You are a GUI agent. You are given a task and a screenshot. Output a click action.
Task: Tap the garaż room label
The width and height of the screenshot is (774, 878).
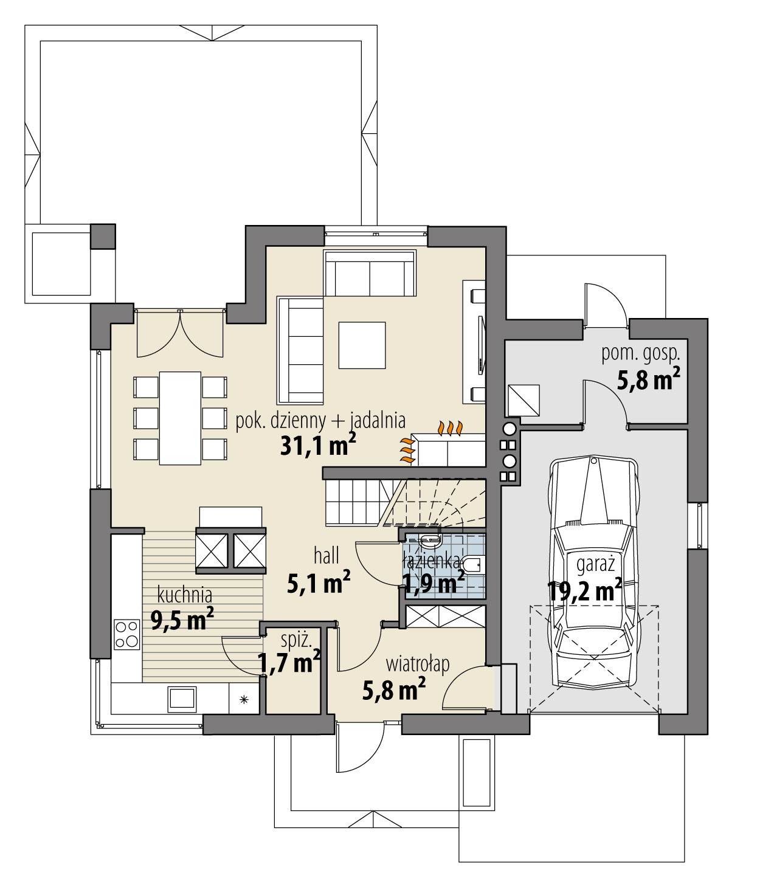(595, 565)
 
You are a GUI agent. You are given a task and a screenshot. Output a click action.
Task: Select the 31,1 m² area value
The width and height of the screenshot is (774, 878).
(317, 444)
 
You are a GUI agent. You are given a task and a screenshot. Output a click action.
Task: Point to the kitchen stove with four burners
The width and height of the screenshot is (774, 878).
(127, 634)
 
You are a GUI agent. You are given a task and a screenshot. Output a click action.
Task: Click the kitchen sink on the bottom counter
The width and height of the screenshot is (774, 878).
(182, 698)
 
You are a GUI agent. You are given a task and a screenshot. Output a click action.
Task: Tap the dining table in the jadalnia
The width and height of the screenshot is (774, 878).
(180, 418)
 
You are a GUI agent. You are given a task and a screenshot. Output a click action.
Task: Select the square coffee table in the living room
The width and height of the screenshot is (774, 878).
(362, 345)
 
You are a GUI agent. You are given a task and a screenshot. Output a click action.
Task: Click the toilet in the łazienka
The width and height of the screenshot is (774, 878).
(472, 565)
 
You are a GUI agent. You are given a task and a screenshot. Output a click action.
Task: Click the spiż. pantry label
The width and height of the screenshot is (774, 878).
(297, 640)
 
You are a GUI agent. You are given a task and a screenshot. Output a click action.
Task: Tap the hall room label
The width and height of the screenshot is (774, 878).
(327, 556)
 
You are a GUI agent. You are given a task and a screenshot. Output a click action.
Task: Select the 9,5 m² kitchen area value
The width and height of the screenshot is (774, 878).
(182, 620)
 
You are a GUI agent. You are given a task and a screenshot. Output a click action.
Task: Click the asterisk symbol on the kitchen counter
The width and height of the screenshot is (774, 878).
(244, 699)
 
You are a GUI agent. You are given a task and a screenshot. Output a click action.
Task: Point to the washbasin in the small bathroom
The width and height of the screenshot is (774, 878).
(430, 540)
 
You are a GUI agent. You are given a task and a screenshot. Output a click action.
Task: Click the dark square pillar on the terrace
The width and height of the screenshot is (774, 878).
(103, 237)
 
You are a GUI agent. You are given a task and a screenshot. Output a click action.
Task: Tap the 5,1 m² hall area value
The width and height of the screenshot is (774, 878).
(319, 582)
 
